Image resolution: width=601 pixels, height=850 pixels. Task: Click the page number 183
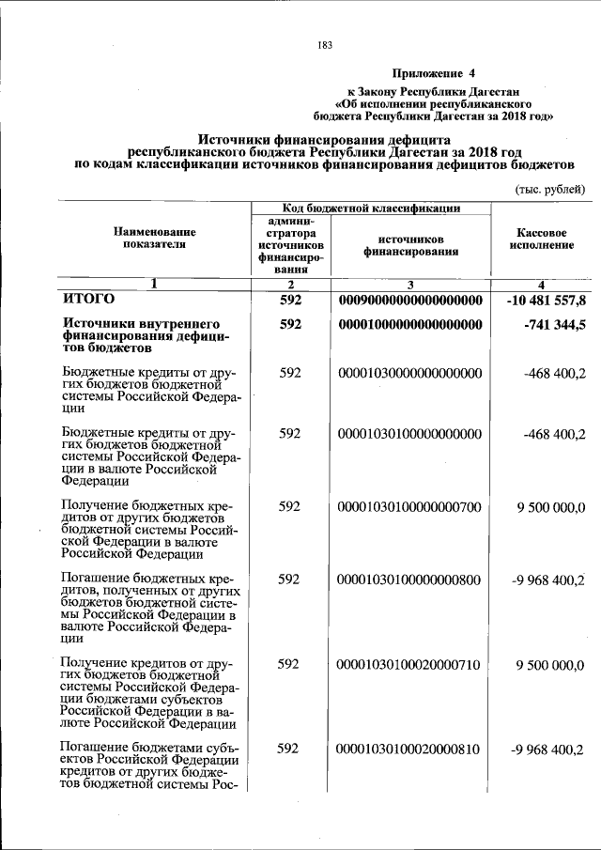click(x=326, y=45)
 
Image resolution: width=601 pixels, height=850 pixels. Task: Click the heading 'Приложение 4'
click(x=434, y=72)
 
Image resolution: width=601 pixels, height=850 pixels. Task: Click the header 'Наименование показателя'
click(x=155, y=238)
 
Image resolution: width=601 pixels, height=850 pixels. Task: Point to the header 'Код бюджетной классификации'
click(x=372, y=208)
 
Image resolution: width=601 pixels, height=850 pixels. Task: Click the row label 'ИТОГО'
click(x=88, y=300)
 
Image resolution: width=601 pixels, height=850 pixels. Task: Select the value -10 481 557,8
click(x=545, y=301)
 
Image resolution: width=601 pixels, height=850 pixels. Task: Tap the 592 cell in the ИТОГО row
click(x=290, y=301)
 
